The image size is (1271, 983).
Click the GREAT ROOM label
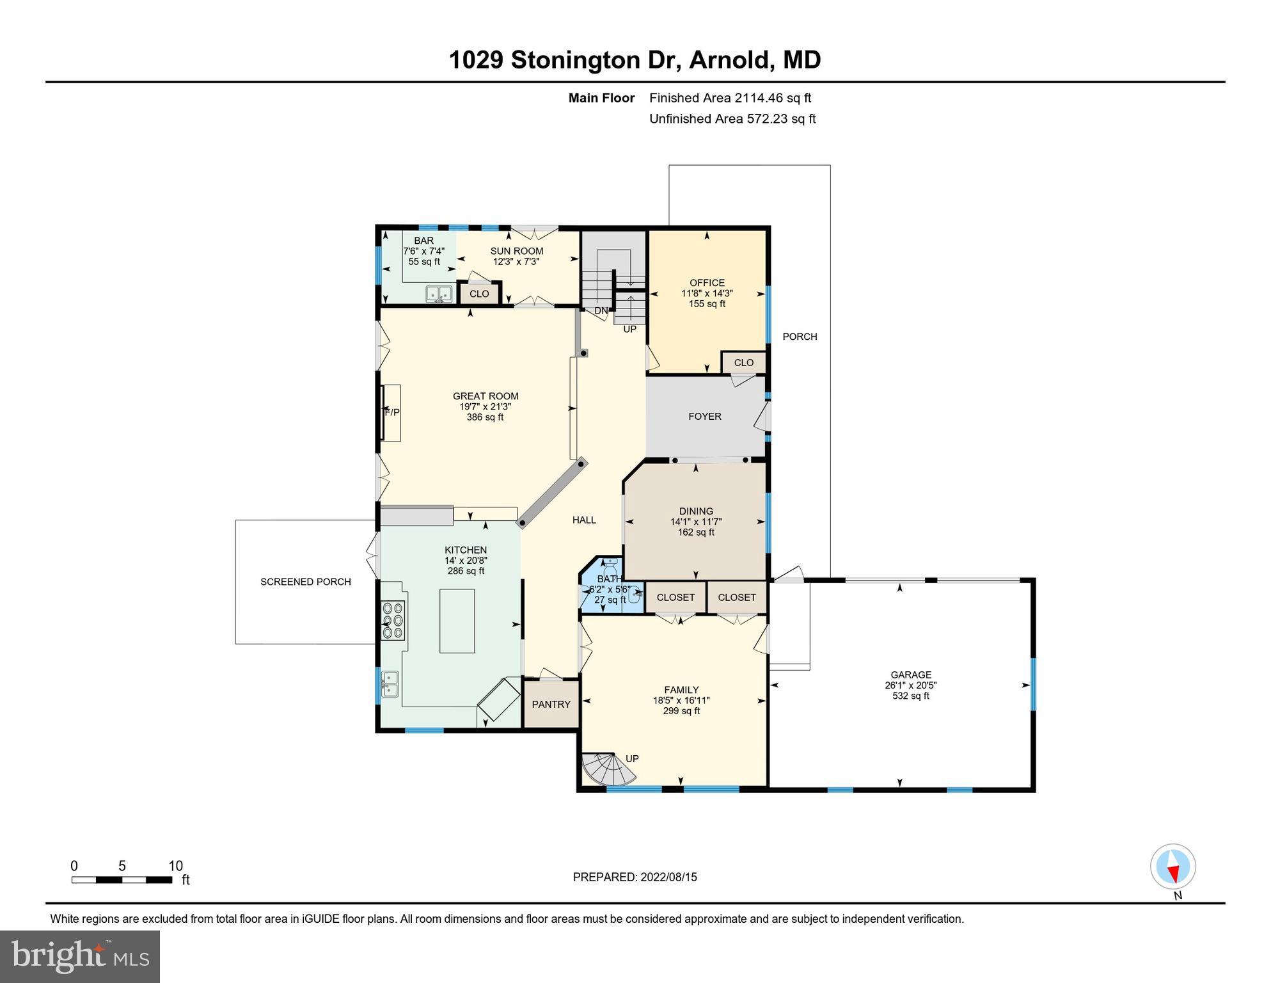tap(485, 396)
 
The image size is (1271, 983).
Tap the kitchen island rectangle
tap(457, 621)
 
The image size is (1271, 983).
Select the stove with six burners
tap(392, 620)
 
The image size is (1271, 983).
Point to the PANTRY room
tap(551, 704)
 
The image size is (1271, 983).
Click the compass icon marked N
tap(1172, 867)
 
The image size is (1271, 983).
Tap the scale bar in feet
tap(122, 880)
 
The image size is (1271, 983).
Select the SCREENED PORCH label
tap(305, 582)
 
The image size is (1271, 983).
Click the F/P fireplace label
tap(392, 413)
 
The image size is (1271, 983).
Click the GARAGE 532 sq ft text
tap(910, 696)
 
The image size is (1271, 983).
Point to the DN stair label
tap(601, 311)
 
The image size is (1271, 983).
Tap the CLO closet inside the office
tap(743, 362)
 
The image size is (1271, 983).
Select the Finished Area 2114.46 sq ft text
tap(729, 98)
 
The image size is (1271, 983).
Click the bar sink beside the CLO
tap(439, 294)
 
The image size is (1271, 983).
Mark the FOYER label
tap(704, 416)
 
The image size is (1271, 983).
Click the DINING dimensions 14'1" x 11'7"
tap(695, 522)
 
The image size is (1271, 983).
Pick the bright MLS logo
tap(80, 957)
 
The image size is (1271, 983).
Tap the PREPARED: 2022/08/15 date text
tap(635, 877)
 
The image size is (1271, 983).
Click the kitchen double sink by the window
tap(390, 683)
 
